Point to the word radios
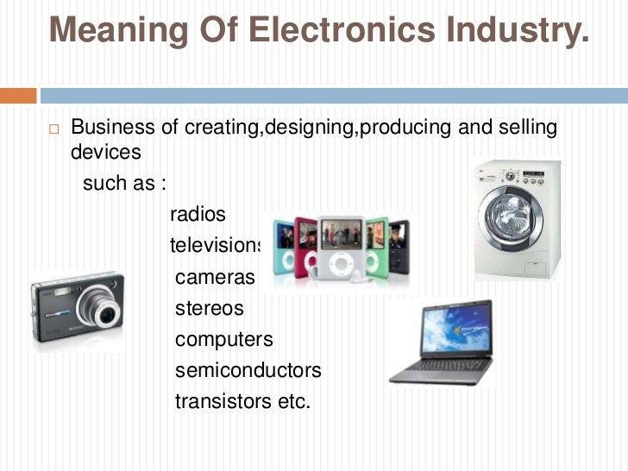tap(198, 212)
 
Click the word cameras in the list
tap(216, 277)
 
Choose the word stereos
tap(210, 308)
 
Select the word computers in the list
tap(224, 339)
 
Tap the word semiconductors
tap(248, 370)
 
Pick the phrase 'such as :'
tap(123, 184)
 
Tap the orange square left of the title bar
tap(18, 94)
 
